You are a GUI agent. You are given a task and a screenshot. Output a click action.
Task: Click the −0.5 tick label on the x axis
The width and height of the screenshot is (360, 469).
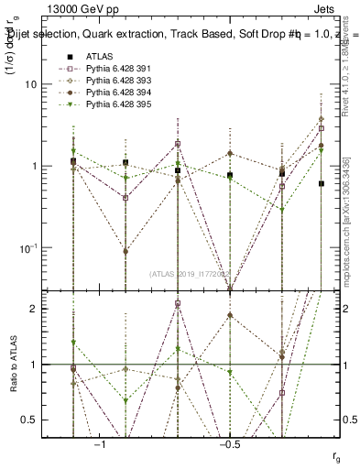pos(229,443)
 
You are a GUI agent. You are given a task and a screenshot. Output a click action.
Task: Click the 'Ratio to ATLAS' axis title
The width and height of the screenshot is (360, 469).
pos(14,364)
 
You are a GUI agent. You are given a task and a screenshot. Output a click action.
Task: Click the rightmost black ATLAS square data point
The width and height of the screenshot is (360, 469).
pos(322,183)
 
